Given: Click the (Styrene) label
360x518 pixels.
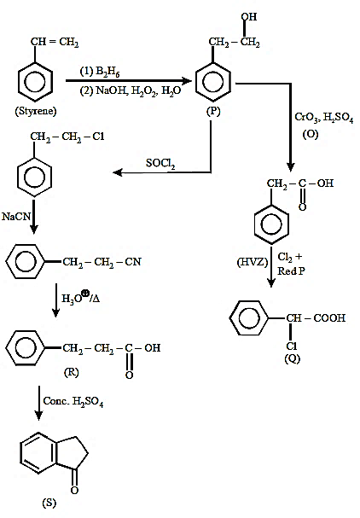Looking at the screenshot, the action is click(x=36, y=111).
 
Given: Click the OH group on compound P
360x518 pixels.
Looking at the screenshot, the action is click(x=249, y=16).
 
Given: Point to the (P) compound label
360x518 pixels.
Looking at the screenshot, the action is click(x=213, y=111).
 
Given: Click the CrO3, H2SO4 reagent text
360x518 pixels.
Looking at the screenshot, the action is click(x=323, y=117).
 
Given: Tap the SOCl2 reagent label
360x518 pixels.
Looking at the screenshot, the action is click(x=160, y=163).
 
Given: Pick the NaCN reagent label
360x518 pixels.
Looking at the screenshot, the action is click(x=16, y=217).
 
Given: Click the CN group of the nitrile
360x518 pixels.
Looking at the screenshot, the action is click(x=133, y=262).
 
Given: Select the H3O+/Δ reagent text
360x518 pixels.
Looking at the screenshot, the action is click(x=80, y=297).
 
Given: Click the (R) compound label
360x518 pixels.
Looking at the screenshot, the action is click(x=72, y=372).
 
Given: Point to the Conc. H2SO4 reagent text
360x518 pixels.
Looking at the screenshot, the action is click(x=73, y=401).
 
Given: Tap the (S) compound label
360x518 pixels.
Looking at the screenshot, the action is click(x=49, y=503).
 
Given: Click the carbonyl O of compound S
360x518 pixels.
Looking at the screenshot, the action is click(x=74, y=490).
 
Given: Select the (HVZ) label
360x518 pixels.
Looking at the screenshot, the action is click(x=252, y=262).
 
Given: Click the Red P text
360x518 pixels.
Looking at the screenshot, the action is click(x=291, y=271).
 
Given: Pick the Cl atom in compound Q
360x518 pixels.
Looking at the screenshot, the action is click(x=292, y=346).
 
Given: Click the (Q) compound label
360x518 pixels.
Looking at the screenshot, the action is click(x=293, y=358).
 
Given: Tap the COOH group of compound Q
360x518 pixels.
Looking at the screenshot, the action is click(x=329, y=318).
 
